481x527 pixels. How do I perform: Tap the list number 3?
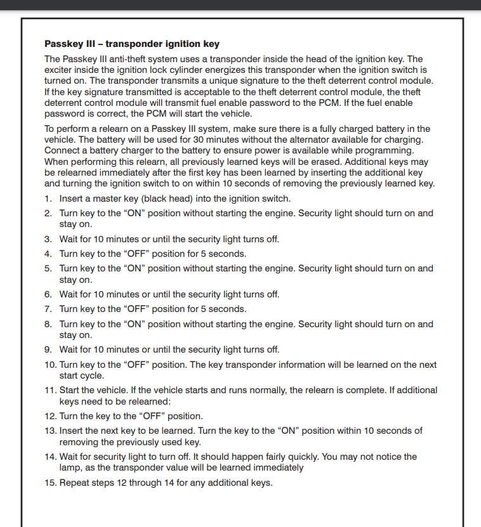coord(48,239)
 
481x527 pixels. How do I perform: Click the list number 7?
coord(48,309)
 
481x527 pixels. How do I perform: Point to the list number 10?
coord(50,365)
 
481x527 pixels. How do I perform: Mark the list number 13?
coord(50,431)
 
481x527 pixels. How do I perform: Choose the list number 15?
coord(50,483)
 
